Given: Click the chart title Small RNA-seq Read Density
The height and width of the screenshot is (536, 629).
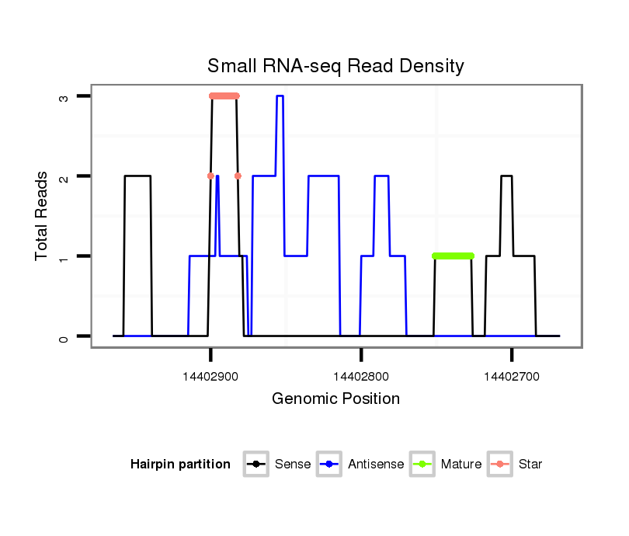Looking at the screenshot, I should [335, 66].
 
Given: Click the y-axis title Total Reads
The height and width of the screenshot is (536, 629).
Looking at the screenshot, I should [43, 216].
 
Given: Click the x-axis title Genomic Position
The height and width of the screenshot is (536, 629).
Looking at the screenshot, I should [335, 399].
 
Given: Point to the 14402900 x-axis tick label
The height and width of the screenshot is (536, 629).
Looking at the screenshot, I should [210, 377].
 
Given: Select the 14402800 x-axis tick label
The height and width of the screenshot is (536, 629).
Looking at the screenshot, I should [360, 377].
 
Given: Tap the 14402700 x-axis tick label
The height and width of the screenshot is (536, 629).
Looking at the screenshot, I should [511, 377].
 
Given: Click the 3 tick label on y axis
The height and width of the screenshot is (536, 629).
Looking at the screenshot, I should [65, 96].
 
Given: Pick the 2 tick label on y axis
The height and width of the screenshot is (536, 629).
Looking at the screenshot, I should [65, 176].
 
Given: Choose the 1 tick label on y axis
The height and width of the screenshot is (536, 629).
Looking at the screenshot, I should [65, 256].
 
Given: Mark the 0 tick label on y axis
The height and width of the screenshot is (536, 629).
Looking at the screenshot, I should [65, 336].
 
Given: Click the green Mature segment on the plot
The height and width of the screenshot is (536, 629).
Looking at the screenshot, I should [454, 256].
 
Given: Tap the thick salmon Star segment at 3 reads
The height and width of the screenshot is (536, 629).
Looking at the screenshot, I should [224, 96].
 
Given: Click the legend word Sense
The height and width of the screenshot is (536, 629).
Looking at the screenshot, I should [293, 465].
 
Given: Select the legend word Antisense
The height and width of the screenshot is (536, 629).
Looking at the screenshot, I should [376, 465].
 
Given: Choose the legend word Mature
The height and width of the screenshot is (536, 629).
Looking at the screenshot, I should [461, 465].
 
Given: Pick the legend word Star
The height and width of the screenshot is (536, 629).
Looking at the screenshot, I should [530, 465].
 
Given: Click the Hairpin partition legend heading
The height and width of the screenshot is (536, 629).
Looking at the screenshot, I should [180, 465].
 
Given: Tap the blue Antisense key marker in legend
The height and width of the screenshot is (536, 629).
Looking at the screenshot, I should [330, 465].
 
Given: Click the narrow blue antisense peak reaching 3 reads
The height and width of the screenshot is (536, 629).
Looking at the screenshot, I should [280, 96].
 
